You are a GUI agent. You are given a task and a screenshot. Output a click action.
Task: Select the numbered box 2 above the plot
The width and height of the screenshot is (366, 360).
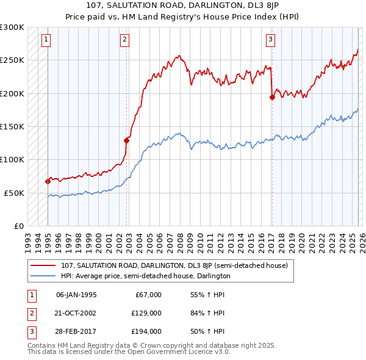(124, 40)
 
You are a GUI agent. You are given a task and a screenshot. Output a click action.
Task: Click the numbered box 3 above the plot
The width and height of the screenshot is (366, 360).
(270, 40)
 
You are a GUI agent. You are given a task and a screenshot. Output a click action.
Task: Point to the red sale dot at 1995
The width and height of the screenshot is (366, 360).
(48, 181)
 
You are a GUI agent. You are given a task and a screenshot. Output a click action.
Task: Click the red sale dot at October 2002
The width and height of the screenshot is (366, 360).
(127, 140)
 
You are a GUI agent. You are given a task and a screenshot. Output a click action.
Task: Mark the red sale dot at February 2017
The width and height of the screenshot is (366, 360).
(272, 98)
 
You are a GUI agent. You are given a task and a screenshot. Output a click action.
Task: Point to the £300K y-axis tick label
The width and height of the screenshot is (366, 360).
(12, 27)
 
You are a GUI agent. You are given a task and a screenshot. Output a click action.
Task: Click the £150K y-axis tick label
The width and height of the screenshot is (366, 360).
(12, 126)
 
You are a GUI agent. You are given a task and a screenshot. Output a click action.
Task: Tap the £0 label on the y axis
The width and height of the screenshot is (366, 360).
(18, 226)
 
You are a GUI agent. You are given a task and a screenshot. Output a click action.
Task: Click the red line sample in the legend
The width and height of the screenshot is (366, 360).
(43, 265)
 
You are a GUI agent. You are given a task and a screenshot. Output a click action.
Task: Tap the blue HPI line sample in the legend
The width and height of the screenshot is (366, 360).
(43, 276)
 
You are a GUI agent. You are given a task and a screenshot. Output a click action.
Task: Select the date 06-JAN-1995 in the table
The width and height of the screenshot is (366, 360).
(76, 295)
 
